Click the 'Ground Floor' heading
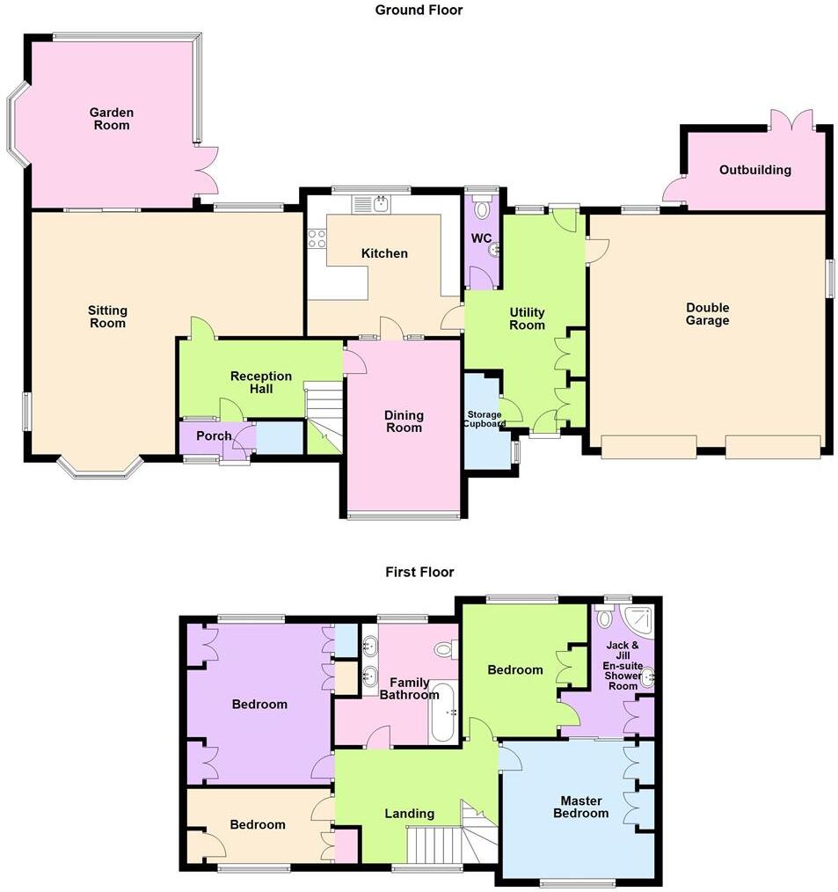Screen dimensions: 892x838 [x=419, y=11]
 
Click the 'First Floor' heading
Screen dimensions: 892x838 [x=419, y=572]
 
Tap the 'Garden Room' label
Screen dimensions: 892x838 [x=112, y=119]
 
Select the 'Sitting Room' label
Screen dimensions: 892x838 [x=107, y=317]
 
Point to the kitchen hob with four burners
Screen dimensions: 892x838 [x=317, y=238]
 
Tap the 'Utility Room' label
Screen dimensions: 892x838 [x=528, y=318]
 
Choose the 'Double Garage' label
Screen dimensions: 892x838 [x=708, y=314]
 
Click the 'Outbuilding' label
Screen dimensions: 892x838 [x=754, y=170]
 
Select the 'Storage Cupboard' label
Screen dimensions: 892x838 [x=484, y=419]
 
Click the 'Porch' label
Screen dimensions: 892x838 [x=214, y=435]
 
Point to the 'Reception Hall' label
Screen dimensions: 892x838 [x=261, y=383]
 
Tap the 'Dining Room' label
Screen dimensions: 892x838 [x=404, y=421]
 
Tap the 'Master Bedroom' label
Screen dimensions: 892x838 [x=580, y=807]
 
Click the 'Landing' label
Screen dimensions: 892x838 [x=410, y=814]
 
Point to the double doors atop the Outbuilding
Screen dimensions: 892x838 [x=791, y=121]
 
